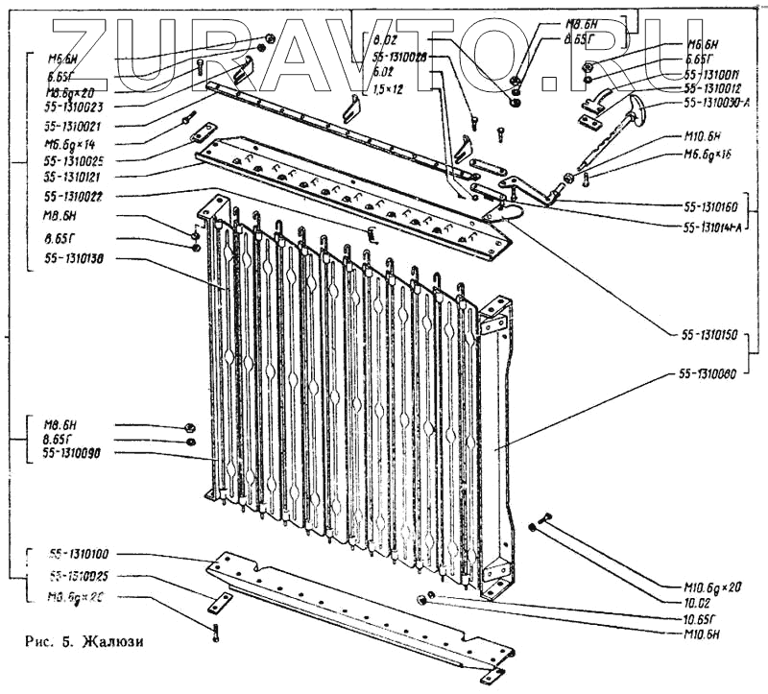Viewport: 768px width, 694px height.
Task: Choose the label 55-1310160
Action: [x=710, y=206]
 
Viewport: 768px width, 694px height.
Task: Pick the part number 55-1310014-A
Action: [x=712, y=227]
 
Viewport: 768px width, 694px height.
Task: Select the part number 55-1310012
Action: [x=710, y=87]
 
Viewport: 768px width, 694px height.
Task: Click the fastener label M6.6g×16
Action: [x=709, y=155]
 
